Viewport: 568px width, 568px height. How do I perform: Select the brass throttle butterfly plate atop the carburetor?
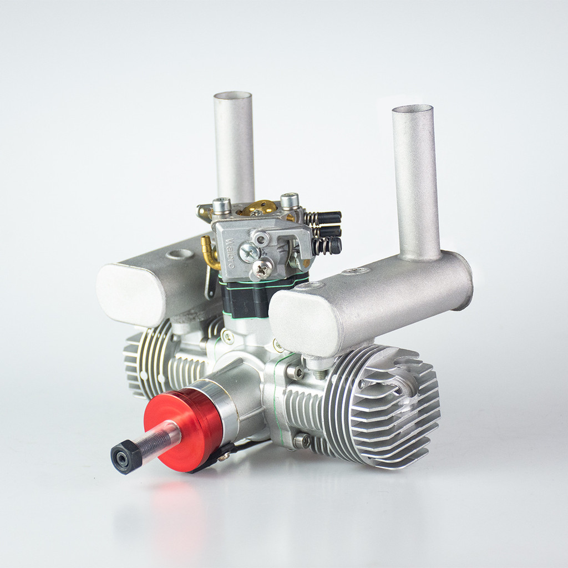[x=258, y=207]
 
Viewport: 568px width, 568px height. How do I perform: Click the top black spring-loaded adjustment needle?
[x=328, y=217]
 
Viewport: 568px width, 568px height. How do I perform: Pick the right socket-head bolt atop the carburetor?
[x=290, y=200]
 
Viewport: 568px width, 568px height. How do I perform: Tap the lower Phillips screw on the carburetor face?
[x=262, y=269]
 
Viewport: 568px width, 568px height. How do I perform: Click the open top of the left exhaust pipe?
[x=233, y=95]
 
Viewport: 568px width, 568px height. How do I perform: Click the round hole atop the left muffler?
[x=180, y=254]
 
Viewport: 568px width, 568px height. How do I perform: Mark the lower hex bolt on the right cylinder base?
[x=301, y=441]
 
